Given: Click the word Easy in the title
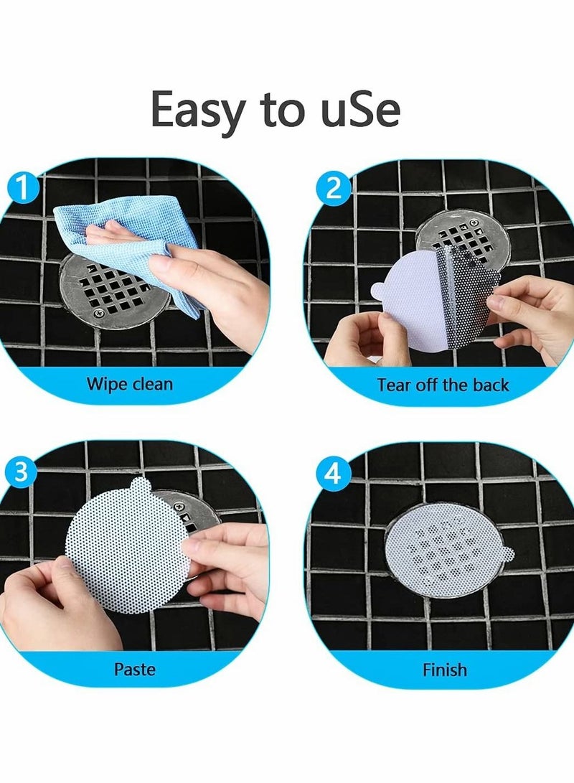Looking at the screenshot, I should pos(196,110).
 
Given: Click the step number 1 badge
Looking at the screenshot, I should pos(24,188).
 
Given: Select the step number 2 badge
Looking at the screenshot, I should pos(333,189).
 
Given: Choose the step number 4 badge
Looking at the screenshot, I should pos(333,474).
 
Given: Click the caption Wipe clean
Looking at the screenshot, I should pos(129,384).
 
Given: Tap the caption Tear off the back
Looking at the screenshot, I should pos(443,385).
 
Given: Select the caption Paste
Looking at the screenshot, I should pos(135,670).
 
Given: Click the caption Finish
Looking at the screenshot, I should pos(444,670).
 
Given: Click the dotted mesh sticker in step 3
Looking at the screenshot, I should pos(126,549).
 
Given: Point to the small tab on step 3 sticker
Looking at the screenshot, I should pos(139,486).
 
